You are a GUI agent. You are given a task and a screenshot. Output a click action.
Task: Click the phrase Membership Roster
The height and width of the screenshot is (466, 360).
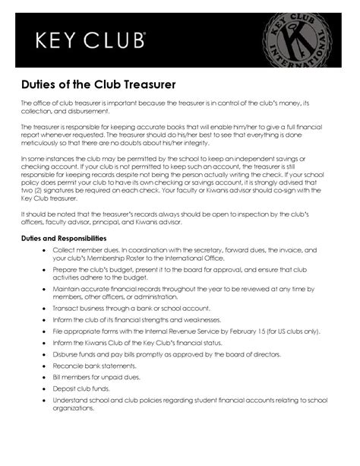point(110,258)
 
